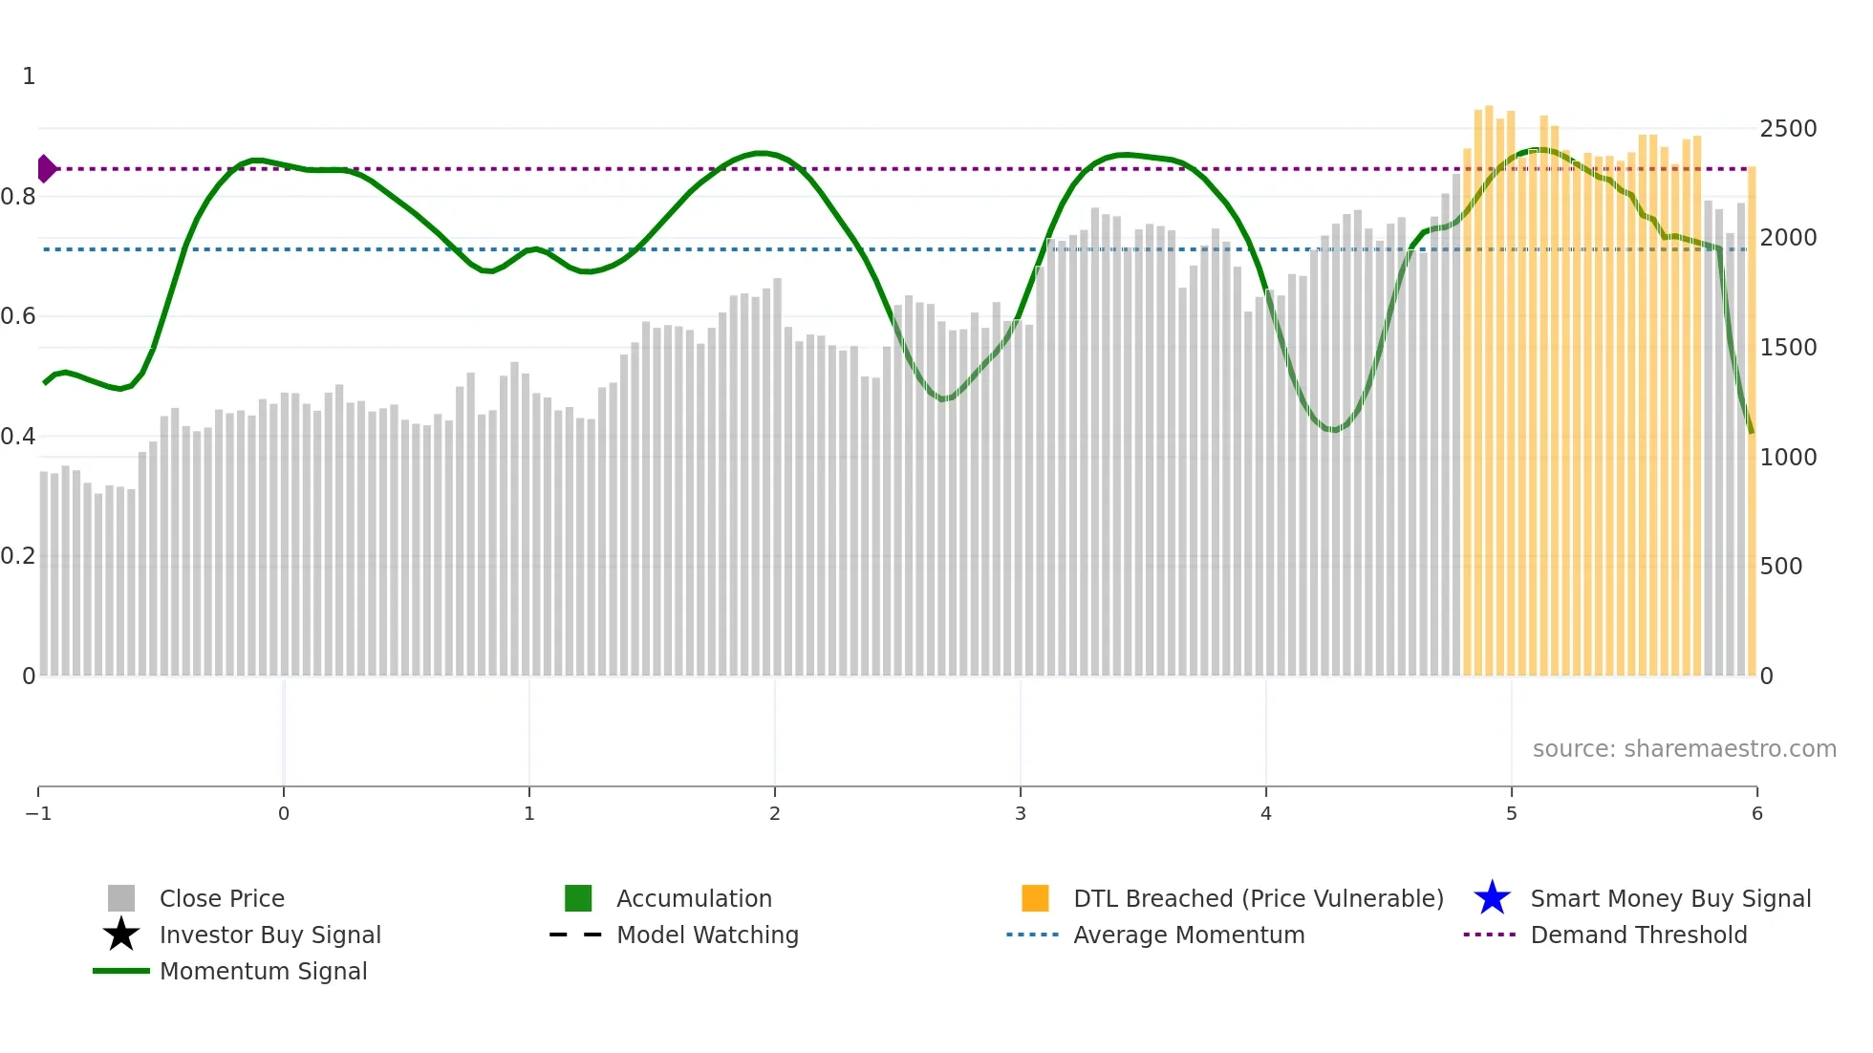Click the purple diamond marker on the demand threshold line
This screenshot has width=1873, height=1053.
click(46, 169)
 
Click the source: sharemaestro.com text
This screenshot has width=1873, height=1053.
click(1684, 749)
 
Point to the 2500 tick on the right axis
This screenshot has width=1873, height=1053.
click(1788, 129)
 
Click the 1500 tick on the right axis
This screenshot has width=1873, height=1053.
click(1788, 348)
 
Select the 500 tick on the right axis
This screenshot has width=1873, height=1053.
click(1781, 567)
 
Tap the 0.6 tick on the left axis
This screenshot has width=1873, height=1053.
click(18, 316)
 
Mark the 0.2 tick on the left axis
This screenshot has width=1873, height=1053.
click(18, 556)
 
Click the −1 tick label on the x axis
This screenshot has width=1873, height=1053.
click(38, 814)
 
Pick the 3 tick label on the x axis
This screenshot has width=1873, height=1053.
click(1021, 814)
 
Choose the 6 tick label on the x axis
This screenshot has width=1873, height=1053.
click(1756, 814)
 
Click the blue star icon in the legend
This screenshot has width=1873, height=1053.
click(1492, 898)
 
